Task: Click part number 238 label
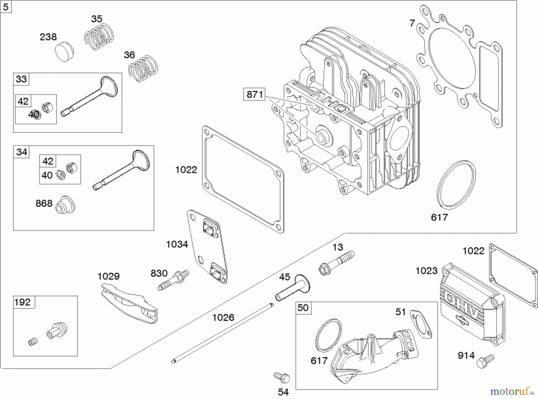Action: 48,37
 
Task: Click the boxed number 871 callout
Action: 254,95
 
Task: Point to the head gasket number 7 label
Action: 412,23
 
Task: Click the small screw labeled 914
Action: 486,361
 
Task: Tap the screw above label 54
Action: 282,377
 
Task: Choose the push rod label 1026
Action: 223,317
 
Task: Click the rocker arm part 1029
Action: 129,304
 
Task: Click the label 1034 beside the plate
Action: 177,244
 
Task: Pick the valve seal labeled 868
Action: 65,205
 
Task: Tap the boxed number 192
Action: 22,302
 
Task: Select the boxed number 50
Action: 303,308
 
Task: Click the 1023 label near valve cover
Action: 427,271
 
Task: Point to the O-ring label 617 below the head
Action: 439,217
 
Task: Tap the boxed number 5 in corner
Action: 6,7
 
